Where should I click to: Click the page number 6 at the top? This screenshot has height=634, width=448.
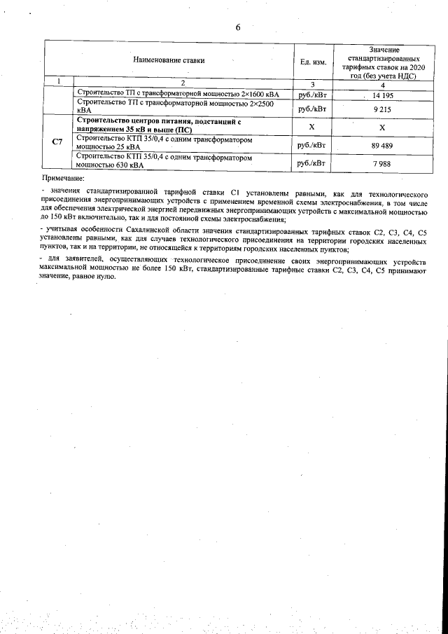238,27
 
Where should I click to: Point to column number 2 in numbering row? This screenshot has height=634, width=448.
182,83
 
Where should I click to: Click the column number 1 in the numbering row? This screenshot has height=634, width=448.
59,83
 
